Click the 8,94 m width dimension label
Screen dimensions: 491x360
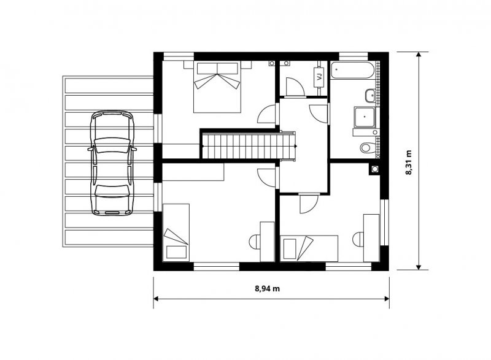267,288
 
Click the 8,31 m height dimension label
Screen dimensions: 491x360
409,163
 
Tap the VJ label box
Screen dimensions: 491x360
319,77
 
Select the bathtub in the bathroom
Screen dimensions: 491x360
352,70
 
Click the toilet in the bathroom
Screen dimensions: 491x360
367,147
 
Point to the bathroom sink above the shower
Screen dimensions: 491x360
370,96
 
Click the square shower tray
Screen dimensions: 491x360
365,117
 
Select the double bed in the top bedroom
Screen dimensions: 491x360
217,86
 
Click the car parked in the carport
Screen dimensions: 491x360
112,163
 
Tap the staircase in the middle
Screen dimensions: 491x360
249,146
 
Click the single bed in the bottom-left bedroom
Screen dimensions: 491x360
176,232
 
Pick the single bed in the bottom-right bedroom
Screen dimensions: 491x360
309,248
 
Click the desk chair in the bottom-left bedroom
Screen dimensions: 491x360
254,242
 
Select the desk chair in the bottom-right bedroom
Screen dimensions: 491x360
358,239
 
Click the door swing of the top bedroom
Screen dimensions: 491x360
267,114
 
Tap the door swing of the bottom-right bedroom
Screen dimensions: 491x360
309,204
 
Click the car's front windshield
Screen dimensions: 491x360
112,145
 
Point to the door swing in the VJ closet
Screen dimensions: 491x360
295,87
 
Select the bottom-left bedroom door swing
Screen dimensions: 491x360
267,178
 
